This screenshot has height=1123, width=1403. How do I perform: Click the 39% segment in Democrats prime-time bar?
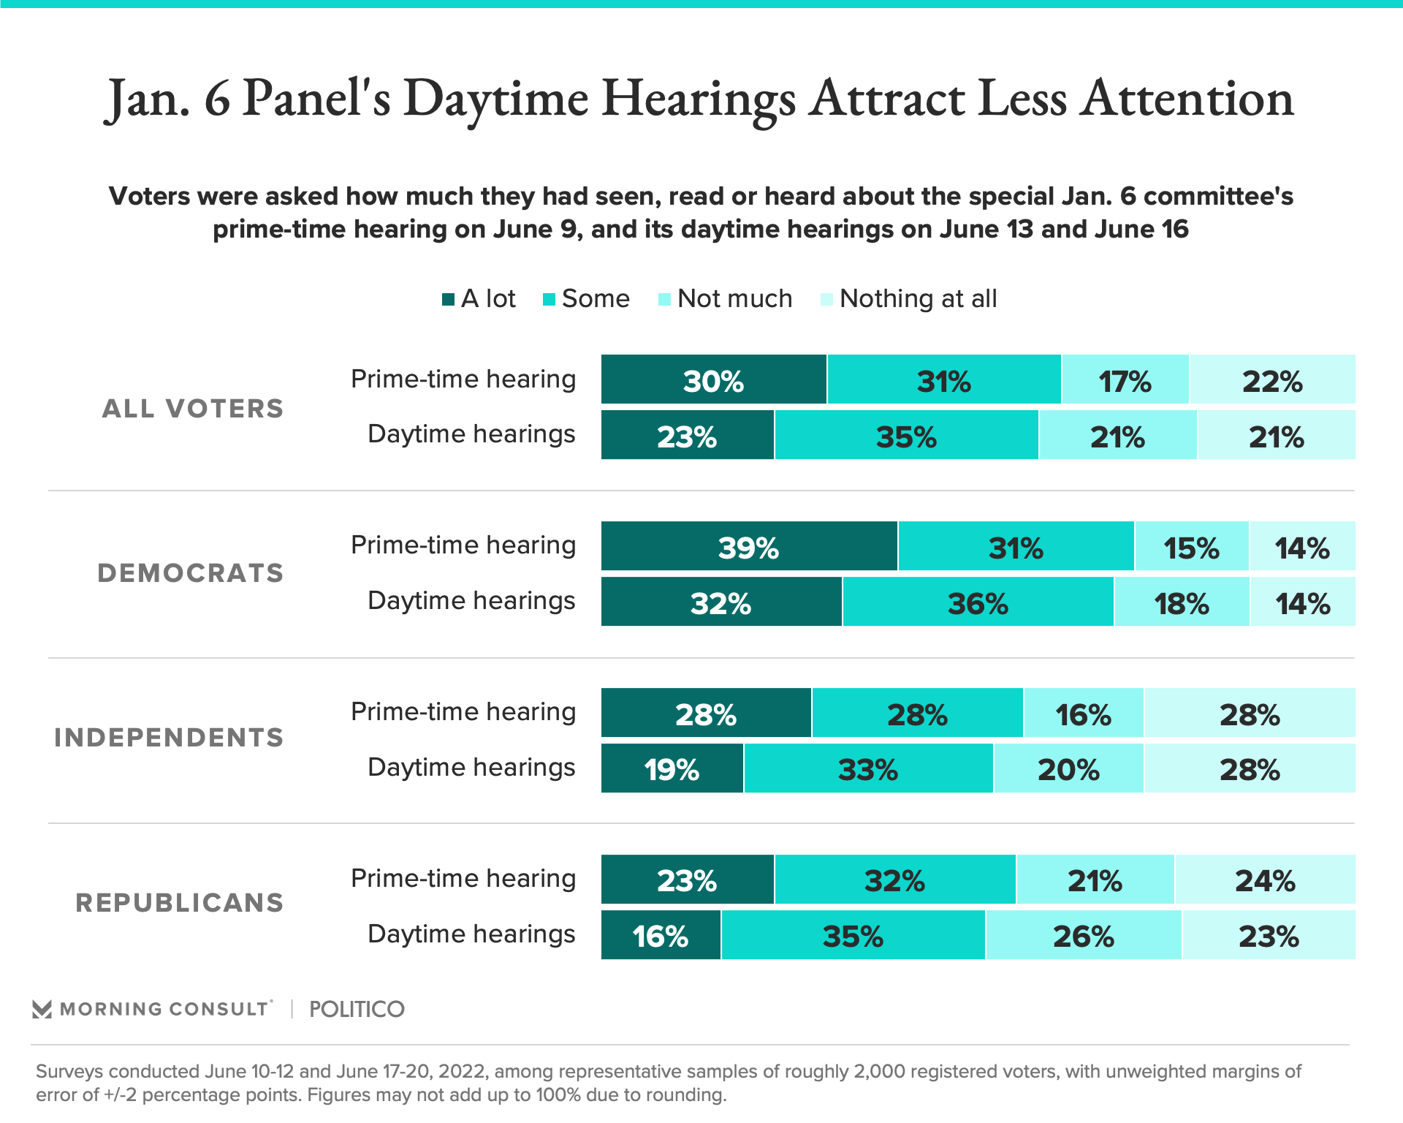(749, 546)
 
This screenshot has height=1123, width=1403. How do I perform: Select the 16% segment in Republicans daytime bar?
(661, 935)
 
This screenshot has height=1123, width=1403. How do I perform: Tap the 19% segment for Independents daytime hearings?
(672, 768)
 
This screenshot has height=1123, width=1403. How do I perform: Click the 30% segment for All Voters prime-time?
(713, 379)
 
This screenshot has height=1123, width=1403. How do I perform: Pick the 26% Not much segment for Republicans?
(1084, 935)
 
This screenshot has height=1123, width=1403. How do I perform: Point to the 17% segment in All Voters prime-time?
(1125, 379)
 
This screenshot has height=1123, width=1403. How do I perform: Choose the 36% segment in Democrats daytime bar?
(978, 602)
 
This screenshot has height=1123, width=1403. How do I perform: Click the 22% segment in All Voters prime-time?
(1272, 379)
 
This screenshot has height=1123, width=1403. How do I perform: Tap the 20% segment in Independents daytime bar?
(1068, 768)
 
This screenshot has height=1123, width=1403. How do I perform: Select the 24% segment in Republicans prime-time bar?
(1265, 880)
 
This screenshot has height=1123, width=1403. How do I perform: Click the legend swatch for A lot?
(449, 299)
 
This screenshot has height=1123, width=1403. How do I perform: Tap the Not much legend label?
(734, 299)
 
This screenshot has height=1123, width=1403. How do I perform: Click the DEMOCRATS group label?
(191, 573)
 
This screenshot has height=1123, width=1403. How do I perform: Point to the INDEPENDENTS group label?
(169, 738)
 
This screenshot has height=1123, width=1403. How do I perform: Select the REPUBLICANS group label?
(180, 903)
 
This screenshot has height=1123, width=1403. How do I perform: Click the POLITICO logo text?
(357, 1009)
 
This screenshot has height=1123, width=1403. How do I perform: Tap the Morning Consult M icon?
(42, 1009)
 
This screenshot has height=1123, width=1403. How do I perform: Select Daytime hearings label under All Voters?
(471, 434)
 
